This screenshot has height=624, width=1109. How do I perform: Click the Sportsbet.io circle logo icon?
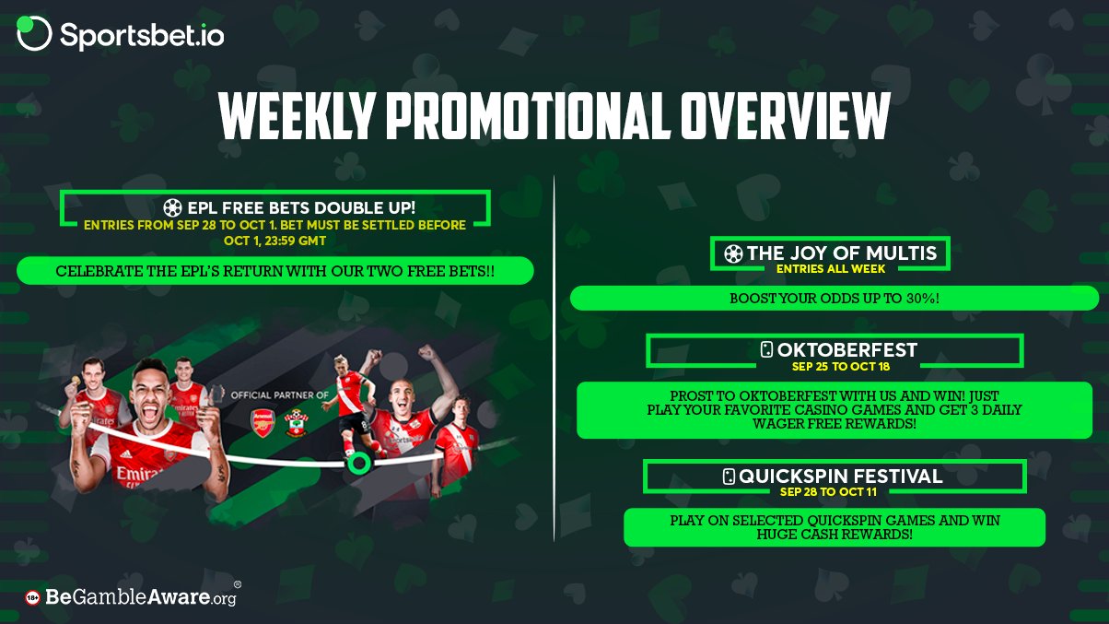34,33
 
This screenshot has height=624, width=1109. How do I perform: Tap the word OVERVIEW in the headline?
785,115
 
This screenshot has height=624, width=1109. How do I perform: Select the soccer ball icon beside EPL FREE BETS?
172,208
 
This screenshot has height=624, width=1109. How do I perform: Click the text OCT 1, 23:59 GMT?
274,241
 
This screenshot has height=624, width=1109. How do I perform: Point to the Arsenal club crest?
263,423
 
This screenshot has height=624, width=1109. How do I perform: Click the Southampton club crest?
296,423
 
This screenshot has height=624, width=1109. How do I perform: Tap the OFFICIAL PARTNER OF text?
280,395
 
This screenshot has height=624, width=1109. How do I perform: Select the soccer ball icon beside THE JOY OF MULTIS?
733,254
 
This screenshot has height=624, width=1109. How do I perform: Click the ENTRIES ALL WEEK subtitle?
831,269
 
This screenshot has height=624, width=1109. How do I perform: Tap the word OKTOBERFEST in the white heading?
847,350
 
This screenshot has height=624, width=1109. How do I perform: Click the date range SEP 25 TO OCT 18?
841,367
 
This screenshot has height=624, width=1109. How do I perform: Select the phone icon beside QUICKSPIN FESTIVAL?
729,477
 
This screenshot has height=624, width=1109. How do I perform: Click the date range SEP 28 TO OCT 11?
828,492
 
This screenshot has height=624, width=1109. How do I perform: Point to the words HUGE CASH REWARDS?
835,535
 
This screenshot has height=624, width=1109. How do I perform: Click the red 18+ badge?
32,598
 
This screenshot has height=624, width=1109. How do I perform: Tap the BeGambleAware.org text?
141,596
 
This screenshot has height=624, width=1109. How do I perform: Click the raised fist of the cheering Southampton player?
426,352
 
